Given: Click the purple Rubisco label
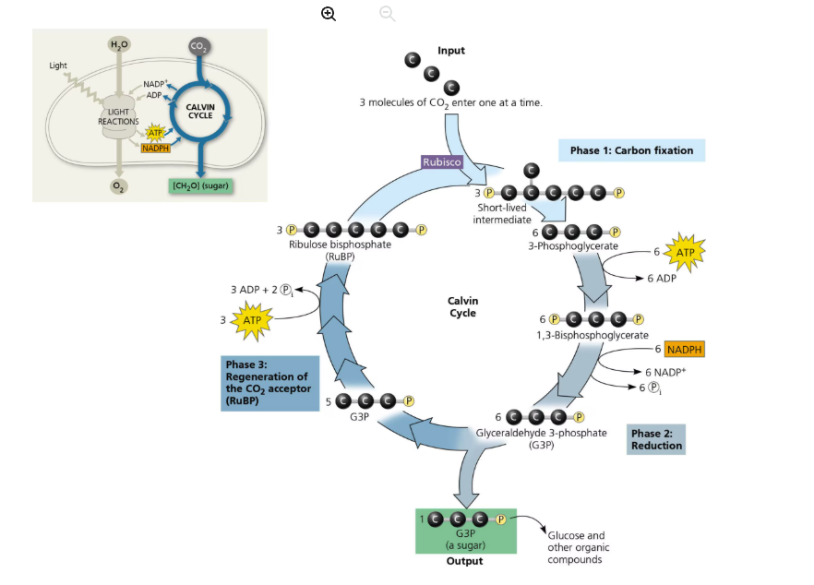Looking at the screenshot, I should point(441,162).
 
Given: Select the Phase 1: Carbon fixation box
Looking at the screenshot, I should point(631,150).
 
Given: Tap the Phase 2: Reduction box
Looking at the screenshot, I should point(656,440).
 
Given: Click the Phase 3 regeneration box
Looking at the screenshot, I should point(267,383).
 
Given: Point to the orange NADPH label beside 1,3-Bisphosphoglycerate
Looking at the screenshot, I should point(684,350).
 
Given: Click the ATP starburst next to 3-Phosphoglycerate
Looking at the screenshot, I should point(684,251).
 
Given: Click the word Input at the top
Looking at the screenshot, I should point(451,51).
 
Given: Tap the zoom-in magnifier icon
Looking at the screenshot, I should point(329,13).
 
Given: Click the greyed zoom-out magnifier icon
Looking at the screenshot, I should point(388,13).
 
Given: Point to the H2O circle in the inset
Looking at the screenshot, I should point(119,45).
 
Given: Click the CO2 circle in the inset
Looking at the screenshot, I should point(198,46).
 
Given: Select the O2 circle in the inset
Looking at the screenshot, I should point(118,184).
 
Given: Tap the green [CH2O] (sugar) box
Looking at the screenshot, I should point(199,185).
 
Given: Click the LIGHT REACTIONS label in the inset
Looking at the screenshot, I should point(118,116).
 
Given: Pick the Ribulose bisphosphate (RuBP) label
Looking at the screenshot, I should point(340,250).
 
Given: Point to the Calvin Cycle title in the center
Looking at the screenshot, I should point(462,307).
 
